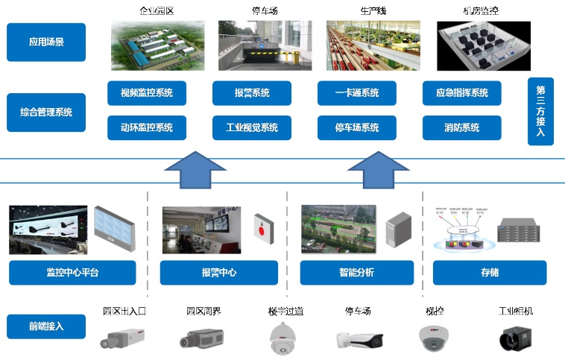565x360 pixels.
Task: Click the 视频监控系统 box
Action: (x=147, y=93)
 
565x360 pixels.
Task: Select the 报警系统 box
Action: (x=252, y=93)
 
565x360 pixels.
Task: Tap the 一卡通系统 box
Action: (x=357, y=93)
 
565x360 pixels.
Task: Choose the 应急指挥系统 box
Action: (x=461, y=93)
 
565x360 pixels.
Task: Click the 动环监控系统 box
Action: (x=147, y=127)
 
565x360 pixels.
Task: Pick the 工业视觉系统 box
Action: (x=252, y=127)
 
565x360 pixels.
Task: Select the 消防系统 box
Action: (x=461, y=127)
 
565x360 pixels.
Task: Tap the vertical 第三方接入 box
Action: (x=540, y=111)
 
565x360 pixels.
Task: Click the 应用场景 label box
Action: (x=46, y=42)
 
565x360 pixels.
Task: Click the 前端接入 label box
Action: (x=46, y=326)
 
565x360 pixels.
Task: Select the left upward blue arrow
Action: (x=195, y=171)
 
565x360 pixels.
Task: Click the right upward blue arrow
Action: (x=379, y=171)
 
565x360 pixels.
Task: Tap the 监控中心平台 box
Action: (x=72, y=272)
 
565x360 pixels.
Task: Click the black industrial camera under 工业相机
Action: (x=516, y=338)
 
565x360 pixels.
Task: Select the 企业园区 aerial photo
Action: (x=157, y=45)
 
